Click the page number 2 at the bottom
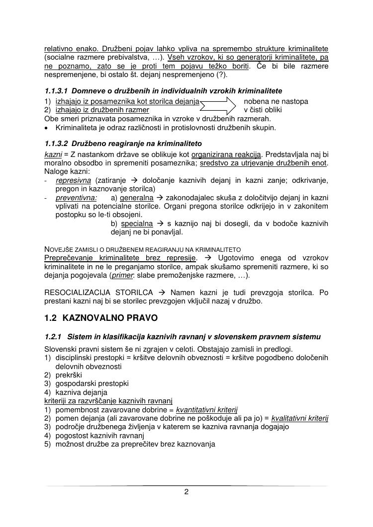point(186,493)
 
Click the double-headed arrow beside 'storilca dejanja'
point(218,106)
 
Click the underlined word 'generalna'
point(137,197)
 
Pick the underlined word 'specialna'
point(137,224)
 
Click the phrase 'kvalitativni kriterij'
point(300,418)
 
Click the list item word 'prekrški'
point(69,375)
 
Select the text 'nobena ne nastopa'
point(276,101)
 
